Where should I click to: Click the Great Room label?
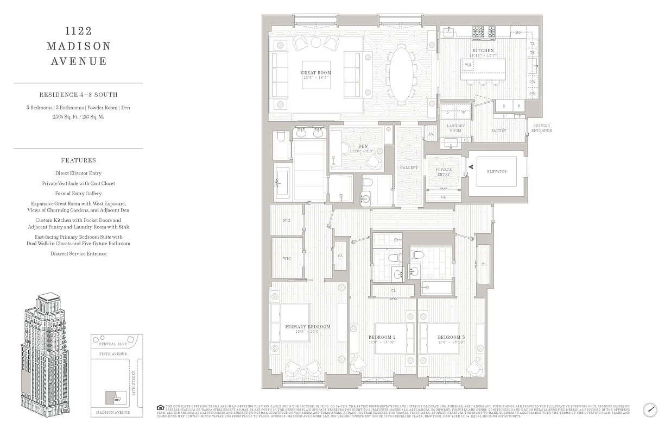(316, 72)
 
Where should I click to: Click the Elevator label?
(497, 171)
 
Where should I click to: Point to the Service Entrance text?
(541, 128)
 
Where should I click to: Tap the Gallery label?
(409, 168)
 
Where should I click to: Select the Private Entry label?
(444, 172)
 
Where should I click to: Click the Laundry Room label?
(455, 128)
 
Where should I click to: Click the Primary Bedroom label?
(308, 327)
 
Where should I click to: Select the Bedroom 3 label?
(451, 337)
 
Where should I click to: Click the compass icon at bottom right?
(650, 409)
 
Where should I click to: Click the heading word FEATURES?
(79, 160)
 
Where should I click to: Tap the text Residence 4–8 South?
(79, 95)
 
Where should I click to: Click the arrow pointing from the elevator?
(472, 168)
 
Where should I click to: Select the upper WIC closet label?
(287, 221)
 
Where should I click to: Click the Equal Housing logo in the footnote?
(160, 407)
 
